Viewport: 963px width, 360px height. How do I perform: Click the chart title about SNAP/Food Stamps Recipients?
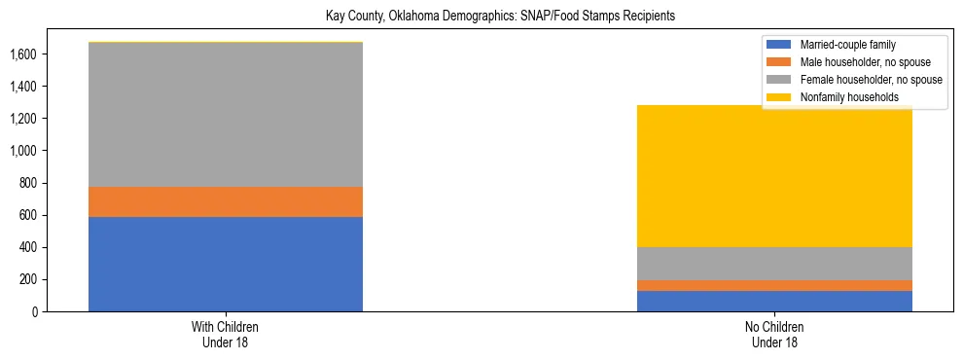coord(481,17)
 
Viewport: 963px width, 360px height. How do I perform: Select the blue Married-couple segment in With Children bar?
coord(226,264)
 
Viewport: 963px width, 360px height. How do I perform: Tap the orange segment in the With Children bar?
coord(226,201)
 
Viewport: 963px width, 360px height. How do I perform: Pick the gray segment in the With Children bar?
coord(226,115)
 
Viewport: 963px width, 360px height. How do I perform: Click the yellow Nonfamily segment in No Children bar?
coord(774,176)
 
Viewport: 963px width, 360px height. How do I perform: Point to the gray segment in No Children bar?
coord(774,264)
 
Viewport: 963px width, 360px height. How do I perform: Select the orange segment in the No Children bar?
coord(774,286)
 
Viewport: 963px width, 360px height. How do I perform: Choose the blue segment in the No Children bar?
coord(774,302)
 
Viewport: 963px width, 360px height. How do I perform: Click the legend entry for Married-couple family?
coord(847,45)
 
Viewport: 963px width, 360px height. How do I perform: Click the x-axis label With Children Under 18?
coord(226,334)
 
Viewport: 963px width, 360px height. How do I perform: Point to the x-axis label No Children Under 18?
coord(774,334)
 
